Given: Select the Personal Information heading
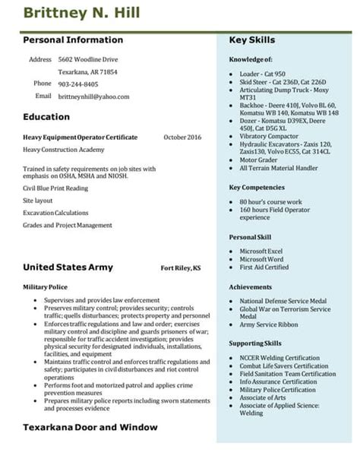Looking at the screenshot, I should tap(73, 40).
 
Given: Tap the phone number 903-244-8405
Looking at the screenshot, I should tap(78, 84).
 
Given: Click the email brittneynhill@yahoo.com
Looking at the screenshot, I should tap(93, 97).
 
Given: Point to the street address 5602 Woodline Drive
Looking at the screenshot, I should tap(88, 59).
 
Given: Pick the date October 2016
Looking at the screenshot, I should tap(182, 137).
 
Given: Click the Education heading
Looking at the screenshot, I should tap(46, 117).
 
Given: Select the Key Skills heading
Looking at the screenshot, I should tap(252, 40).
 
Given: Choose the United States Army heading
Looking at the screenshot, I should tap(68, 267).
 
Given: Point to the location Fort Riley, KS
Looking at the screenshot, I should tap(181, 268).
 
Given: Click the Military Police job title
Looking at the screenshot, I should tap(46, 287).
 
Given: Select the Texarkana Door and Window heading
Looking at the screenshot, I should tap(90, 427).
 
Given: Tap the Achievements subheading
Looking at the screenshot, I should tap(250, 287).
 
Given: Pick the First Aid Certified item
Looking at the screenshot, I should tap(264, 267).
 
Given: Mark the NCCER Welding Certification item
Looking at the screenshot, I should tap(279, 358).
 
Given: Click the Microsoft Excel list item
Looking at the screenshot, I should tap(261, 251).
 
